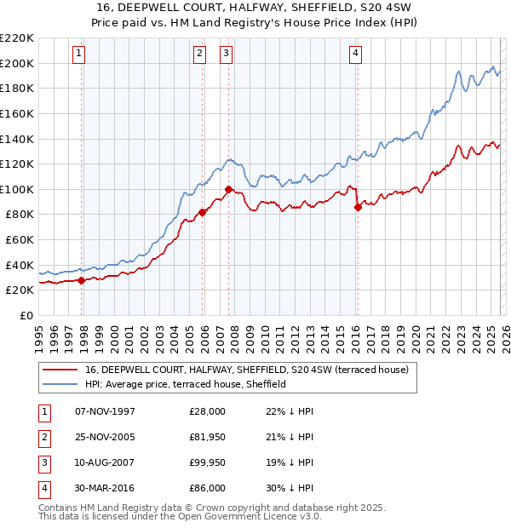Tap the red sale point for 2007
point(228,189)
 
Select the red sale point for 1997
point(82,280)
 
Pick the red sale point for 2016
point(358,206)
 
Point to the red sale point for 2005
point(203,212)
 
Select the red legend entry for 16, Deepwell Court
point(247,370)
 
